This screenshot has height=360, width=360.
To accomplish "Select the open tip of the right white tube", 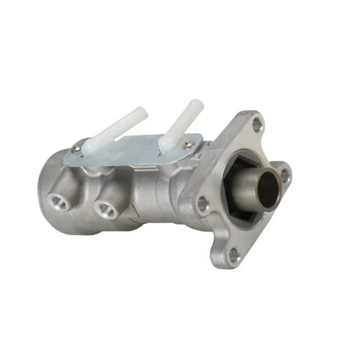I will click(195, 105).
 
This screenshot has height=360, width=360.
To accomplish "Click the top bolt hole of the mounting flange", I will click(258, 124).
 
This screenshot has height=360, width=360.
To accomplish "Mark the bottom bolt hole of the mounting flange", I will click(233, 256).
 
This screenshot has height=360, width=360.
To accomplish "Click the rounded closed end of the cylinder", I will click(48, 186).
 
